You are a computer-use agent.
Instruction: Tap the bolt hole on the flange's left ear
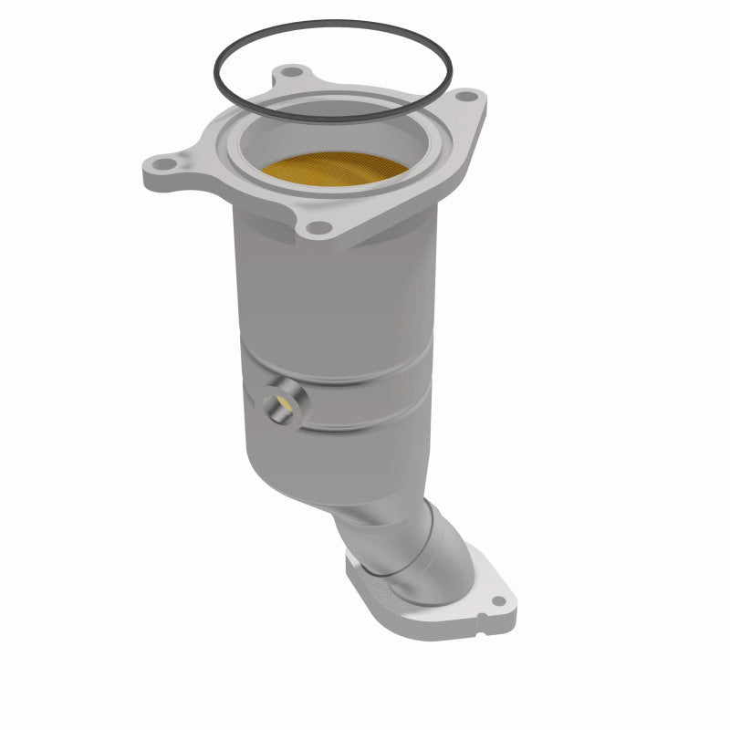pos(164,166)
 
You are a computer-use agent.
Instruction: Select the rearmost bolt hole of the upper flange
pos(291,71)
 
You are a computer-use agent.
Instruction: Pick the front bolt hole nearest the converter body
pos(317,228)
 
